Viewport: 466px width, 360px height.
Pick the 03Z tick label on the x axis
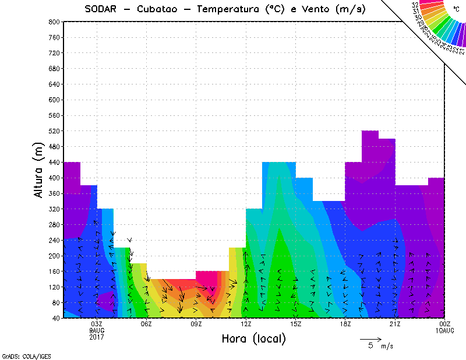tap(97, 324)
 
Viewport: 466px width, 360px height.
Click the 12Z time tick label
tap(246, 324)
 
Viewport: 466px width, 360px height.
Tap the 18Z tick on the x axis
tap(345, 324)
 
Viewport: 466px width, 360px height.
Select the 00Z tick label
tap(445, 324)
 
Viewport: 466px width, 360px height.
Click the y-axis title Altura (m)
tap(38, 170)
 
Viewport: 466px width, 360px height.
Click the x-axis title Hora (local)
tap(253, 338)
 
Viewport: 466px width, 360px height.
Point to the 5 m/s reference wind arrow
tap(370, 338)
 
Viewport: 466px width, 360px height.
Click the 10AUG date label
tap(445, 330)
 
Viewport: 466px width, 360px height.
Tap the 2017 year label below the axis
tap(97, 337)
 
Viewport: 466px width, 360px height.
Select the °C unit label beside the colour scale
tap(456, 9)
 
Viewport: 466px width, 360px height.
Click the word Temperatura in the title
tap(232, 9)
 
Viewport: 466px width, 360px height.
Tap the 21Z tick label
tap(395, 324)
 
